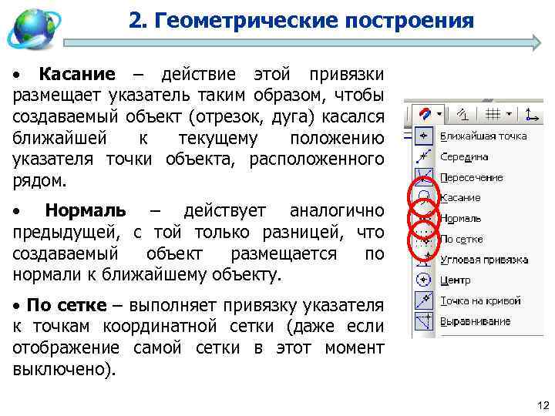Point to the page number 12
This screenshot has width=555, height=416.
540,405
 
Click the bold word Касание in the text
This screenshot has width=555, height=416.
77,75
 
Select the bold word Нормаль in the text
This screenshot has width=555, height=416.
85,211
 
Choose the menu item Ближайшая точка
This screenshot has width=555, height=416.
483,136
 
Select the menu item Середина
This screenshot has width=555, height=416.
464,156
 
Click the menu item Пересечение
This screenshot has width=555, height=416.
471,177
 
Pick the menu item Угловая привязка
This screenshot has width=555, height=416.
483,260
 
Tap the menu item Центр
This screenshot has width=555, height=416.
455,280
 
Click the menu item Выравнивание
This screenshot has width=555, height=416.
475,320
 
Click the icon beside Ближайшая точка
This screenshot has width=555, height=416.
423,136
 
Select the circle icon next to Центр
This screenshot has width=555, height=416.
423,280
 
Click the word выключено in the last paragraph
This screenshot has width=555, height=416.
62,368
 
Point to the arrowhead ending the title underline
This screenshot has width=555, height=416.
536,42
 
